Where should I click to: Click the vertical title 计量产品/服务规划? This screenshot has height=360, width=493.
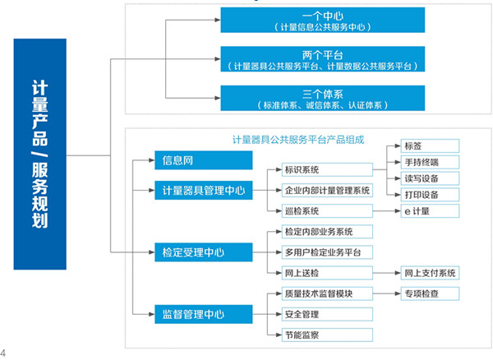coord(39,154)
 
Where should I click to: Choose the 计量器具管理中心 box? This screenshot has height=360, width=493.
coord(200,191)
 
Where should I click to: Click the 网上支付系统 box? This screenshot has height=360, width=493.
coord(431,272)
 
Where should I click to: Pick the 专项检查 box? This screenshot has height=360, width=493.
coord(431,293)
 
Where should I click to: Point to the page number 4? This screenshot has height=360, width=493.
coord(5,353)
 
